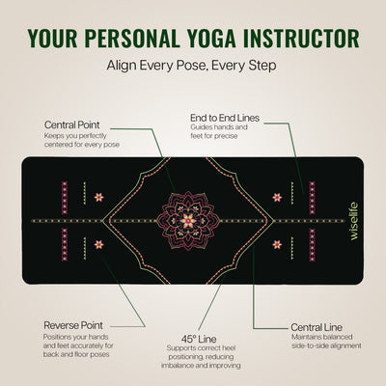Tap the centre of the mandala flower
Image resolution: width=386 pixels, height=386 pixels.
click(x=187, y=221)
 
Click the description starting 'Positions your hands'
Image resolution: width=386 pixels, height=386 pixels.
click(x=79, y=347)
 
